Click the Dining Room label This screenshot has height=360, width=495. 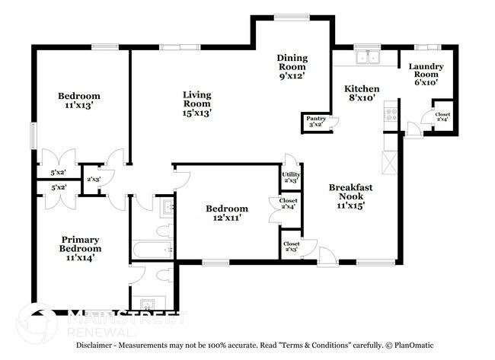pos(290,66)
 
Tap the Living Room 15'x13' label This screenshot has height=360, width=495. pos(196,104)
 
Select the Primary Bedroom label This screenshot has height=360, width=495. pos(80,248)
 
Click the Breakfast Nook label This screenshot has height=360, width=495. pos(350,194)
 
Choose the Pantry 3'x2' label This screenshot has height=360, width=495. pos(315,121)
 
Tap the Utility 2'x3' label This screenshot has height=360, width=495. pos(291,177)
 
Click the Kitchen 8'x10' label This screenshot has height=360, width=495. pos(362,94)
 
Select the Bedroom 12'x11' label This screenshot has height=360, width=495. pos(227,213)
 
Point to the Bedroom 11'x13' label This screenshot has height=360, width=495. pos(79,100)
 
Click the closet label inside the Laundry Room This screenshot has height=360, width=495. pos(442,116)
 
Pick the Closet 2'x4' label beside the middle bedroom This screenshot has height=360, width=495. pos(289,203)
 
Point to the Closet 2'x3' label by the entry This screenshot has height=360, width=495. pos(290,246)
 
